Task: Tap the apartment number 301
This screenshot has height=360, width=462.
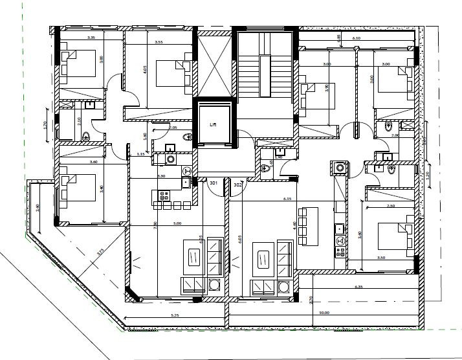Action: (213, 184)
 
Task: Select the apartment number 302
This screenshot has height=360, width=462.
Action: (237, 185)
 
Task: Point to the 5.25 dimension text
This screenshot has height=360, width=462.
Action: (174, 315)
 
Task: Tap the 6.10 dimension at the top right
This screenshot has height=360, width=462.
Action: (356, 39)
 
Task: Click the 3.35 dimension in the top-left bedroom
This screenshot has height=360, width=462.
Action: (73, 38)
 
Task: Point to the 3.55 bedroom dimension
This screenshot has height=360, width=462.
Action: (159, 42)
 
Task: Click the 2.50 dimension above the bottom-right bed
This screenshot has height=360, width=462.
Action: (390, 206)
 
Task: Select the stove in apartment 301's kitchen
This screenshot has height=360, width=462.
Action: (163, 194)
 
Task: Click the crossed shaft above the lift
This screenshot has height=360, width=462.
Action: (213, 66)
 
